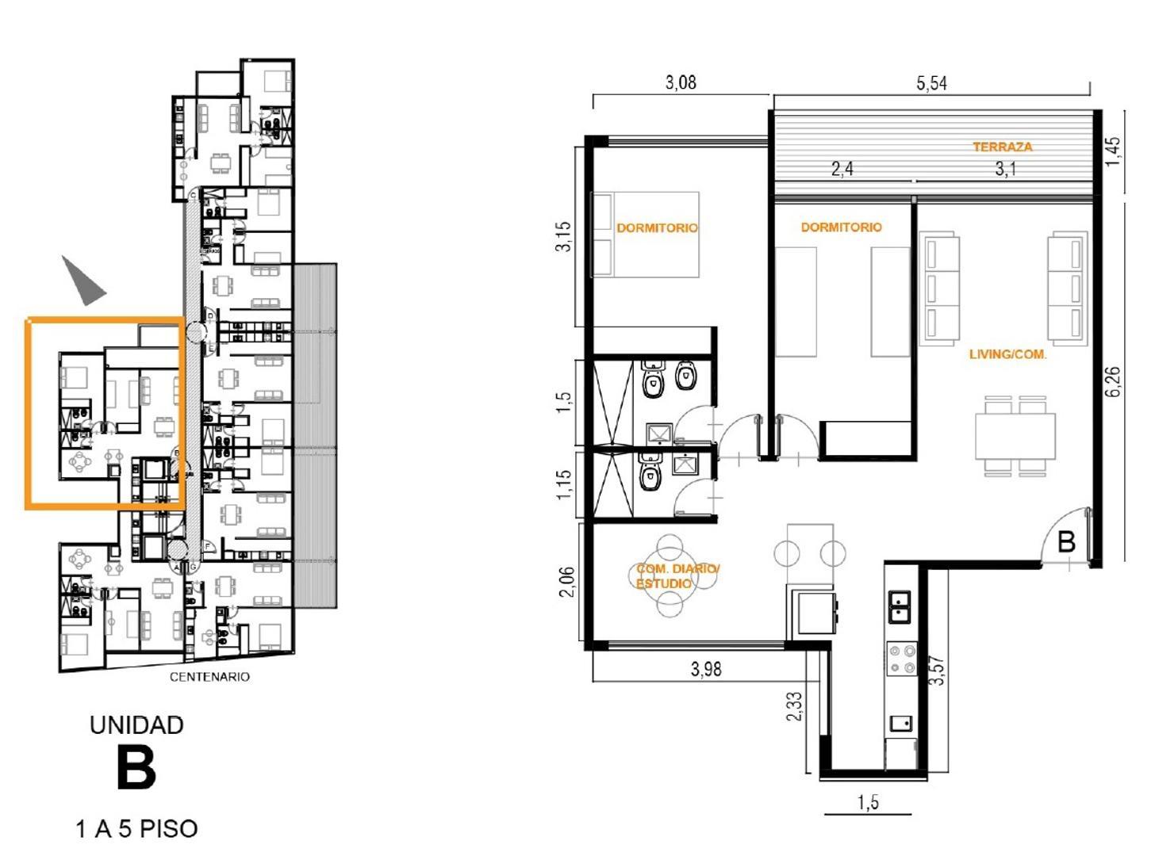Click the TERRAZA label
1003,147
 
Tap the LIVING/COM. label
1007,355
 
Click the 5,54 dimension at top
931,83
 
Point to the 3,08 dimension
681,82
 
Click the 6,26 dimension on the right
1115,382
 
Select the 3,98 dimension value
705,669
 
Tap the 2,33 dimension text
794,706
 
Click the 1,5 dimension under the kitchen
868,802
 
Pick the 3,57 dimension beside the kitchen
938,671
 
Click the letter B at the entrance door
1067,543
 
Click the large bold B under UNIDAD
136,768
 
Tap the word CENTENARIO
209,677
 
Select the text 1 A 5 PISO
136,829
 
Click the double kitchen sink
899,606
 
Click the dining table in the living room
1015,435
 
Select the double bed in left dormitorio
645,234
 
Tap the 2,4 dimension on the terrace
842,169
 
